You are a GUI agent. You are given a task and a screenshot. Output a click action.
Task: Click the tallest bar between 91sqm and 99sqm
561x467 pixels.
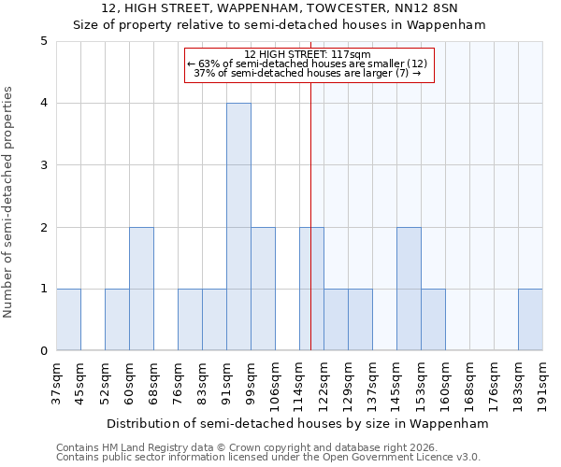coord(238,227)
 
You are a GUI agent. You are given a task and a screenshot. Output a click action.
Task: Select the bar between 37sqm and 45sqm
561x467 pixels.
coord(68,319)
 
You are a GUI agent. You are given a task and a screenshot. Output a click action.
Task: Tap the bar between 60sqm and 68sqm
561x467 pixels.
coord(141,289)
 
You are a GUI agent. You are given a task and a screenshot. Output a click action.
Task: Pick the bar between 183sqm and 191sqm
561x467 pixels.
coord(530,319)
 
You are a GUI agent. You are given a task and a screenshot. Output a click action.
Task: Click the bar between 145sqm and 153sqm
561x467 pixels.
coord(409,289)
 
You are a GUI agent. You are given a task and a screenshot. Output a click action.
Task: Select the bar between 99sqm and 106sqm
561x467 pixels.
coord(263,289)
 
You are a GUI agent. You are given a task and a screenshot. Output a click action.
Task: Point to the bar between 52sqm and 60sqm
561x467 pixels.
coord(117,319)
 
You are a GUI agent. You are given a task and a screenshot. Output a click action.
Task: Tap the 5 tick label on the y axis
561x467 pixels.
coord(44,41)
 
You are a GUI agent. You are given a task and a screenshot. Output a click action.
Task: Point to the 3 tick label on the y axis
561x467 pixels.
coord(44,165)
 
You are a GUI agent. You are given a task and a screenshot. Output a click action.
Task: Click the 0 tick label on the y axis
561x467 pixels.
coord(44,351)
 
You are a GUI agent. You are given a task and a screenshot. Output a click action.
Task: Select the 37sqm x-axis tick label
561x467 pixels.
coord(56,381)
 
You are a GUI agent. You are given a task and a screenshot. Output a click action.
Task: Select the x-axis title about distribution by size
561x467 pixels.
coord(298,423)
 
